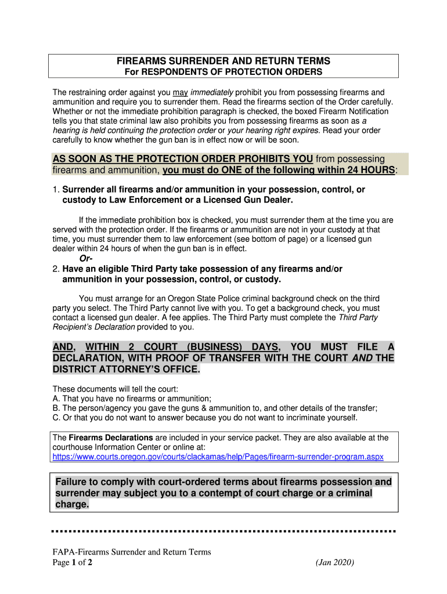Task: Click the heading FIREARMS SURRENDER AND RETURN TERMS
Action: (x=223, y=61)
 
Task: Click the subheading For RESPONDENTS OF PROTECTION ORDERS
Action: (x=223, y=72)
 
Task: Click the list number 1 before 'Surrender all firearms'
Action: (x=56, y=190)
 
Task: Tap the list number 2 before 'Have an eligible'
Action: (x=56, y=269)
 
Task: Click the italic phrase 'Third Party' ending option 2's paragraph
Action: (x=358, y=318)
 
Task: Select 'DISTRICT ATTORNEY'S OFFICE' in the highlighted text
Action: (x=126, y=370)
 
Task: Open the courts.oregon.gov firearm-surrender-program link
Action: (x=218, y=457)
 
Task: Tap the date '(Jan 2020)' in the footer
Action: (x=335, y=563)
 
